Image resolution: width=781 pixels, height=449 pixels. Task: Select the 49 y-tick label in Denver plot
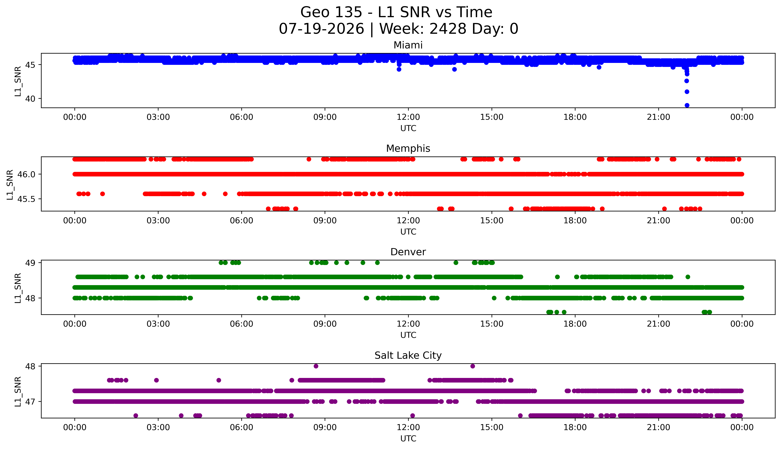coord(31,263)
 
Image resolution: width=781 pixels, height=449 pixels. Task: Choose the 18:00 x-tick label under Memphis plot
coord(575,220)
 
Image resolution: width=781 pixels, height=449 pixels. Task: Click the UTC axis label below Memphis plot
coord(408,232)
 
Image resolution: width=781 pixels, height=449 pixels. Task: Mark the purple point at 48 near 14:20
coord(472,366)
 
